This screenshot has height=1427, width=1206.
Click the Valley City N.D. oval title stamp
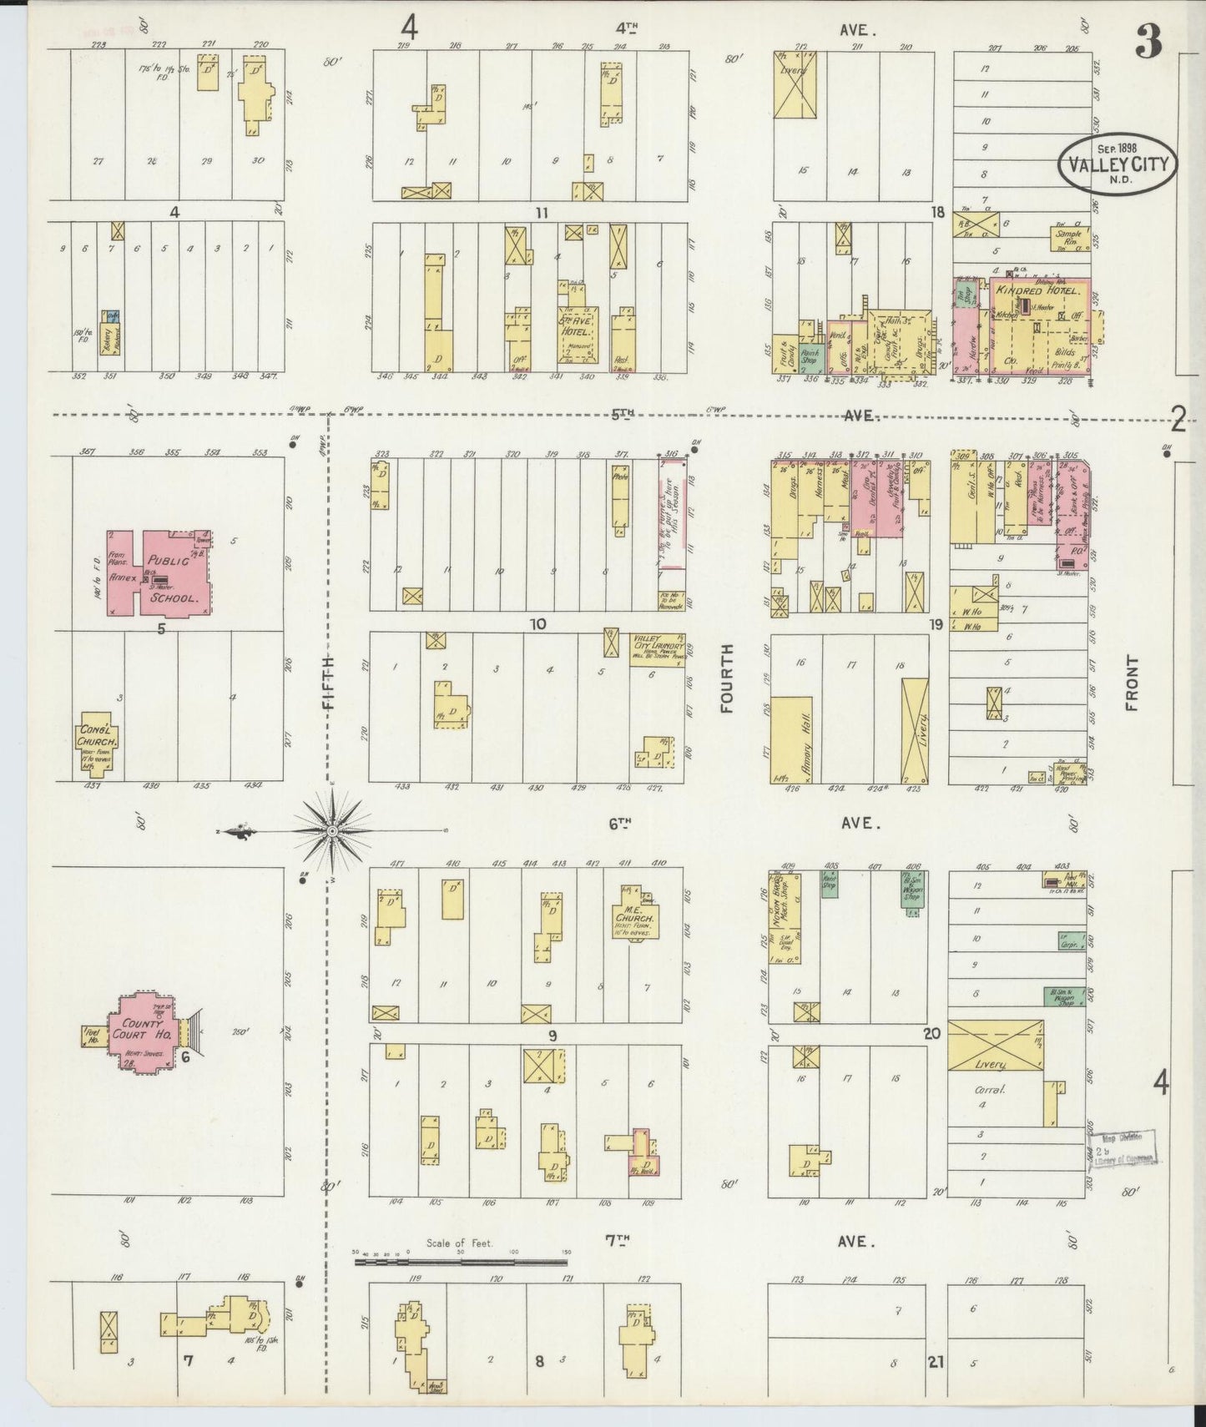tap(1118, 163)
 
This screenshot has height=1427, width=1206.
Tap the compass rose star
tap(332, 831)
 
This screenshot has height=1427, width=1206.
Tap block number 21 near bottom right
tap(935, 1362)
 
